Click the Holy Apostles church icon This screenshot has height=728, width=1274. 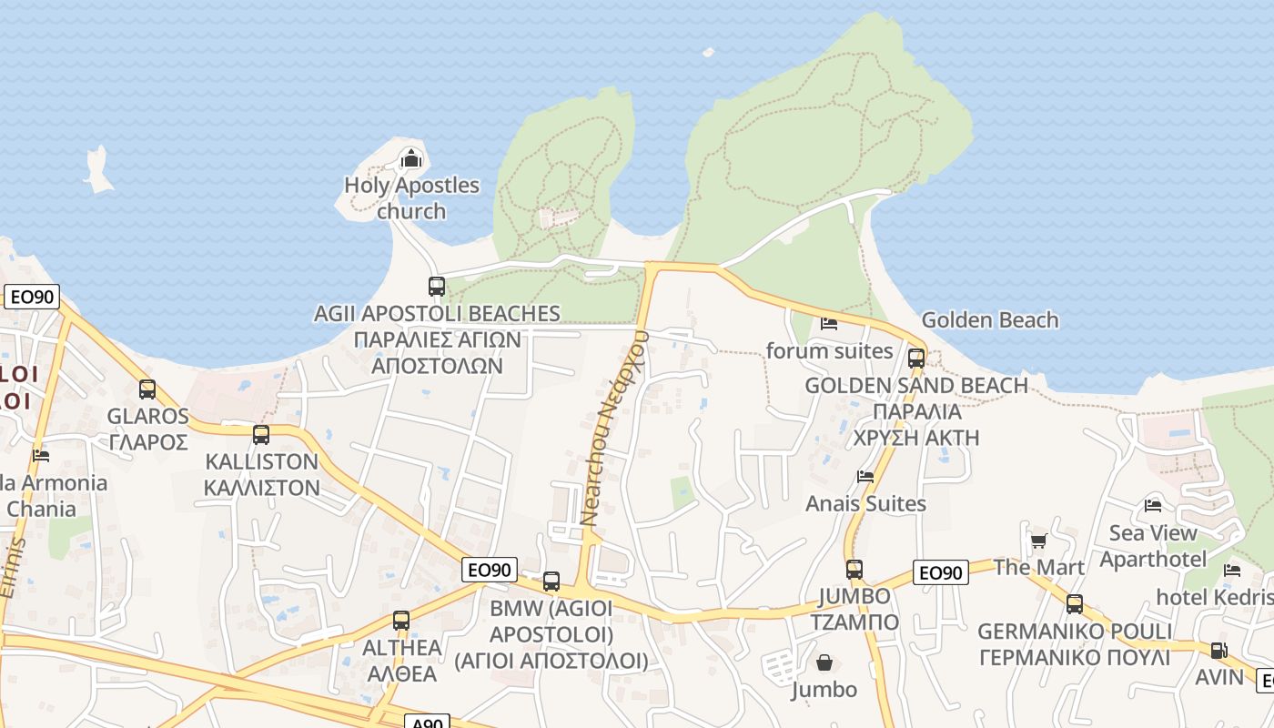coord(411,159)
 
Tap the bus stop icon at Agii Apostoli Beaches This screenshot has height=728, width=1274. coord(437,286)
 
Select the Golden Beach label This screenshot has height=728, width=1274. coord(990,320)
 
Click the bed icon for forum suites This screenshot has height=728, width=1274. coord(829,323)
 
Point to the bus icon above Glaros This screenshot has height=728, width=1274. coord(147,389)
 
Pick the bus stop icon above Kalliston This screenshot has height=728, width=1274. coord(261,434)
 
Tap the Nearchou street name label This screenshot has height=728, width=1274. coord(614,428)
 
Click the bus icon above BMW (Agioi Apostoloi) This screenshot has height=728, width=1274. coord(551,581)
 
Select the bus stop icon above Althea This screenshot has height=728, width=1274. coord(401,621)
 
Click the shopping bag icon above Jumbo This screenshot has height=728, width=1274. coord(824,662)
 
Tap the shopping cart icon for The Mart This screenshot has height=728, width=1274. coord(1038,541)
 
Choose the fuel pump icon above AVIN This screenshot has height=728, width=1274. coord(1218,651)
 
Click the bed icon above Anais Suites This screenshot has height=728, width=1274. coord(865,476)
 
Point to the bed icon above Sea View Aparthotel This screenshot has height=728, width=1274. coord(1153,505)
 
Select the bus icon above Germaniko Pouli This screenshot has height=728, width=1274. coord(1075,604)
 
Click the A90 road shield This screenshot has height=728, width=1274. coord(427,723)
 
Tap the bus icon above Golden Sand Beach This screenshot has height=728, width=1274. coord(916,358)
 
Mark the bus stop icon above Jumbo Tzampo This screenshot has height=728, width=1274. coord(854,570)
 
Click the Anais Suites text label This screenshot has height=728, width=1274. coord(865,503)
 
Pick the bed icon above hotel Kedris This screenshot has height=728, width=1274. coord(1232,571)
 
